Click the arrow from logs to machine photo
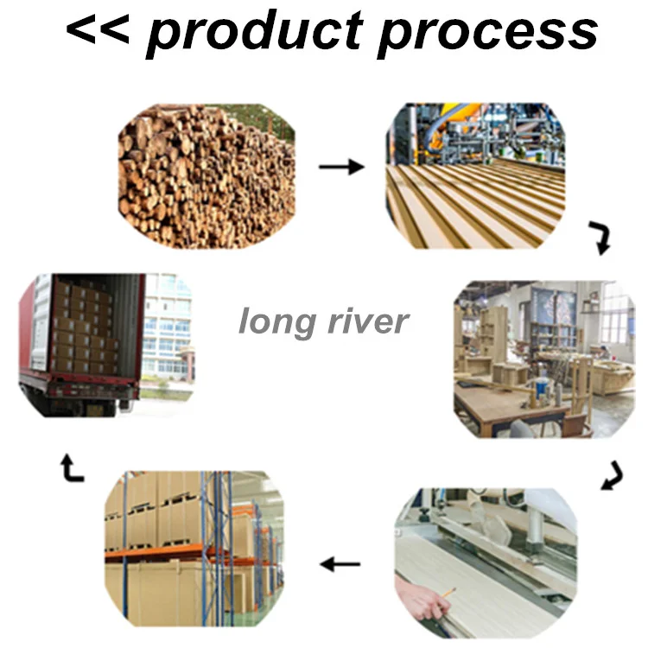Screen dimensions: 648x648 341,167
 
